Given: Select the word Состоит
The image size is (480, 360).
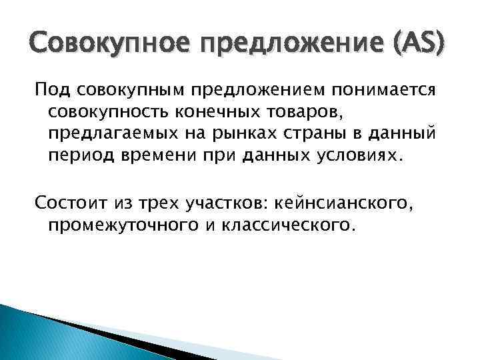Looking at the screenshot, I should pyautogui.click(x=65, y=203).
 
